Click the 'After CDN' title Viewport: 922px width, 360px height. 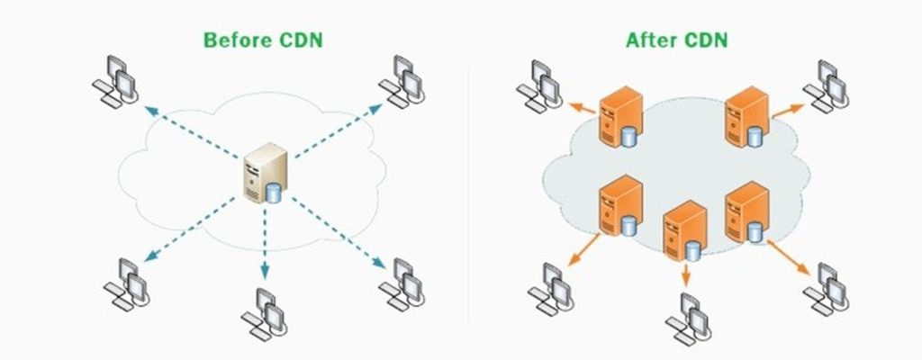(x=677, y=40)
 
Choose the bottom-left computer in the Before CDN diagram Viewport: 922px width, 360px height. (x=125, y=281)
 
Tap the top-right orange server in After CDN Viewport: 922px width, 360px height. (x=746, y=112)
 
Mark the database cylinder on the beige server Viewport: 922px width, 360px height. (x=274, y=193)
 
